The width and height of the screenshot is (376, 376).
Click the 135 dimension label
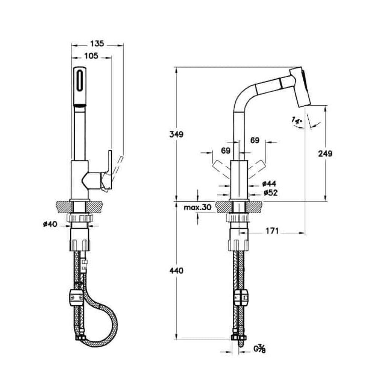coord(97,44)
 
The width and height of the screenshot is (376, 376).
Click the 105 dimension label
coord(91,56)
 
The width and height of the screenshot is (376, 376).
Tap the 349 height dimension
coord(176,134)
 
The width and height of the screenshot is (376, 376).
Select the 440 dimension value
coord(176,271)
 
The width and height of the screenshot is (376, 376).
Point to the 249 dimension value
coord(325,153)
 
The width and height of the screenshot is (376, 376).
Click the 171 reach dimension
coord(272,231)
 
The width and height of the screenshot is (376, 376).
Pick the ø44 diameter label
coord(269,184)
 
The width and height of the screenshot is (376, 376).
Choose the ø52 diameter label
coord(270,193)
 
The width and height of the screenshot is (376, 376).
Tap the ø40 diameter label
coord(50,224)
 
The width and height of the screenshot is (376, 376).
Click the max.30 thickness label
coord(198,207)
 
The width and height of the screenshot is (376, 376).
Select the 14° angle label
coord(297,120)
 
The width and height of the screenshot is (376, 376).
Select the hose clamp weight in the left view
coord(76,298)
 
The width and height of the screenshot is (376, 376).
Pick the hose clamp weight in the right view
coord(241,297)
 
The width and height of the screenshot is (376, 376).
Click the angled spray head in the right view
coord(300,87)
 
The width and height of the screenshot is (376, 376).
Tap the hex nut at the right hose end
coord(239,338)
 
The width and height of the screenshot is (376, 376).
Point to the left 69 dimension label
coord(225,151)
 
